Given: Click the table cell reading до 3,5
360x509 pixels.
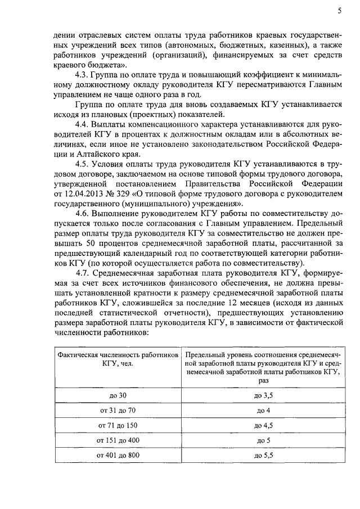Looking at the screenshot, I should [263, 396].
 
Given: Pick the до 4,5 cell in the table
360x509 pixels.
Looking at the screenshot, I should [263, 425].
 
